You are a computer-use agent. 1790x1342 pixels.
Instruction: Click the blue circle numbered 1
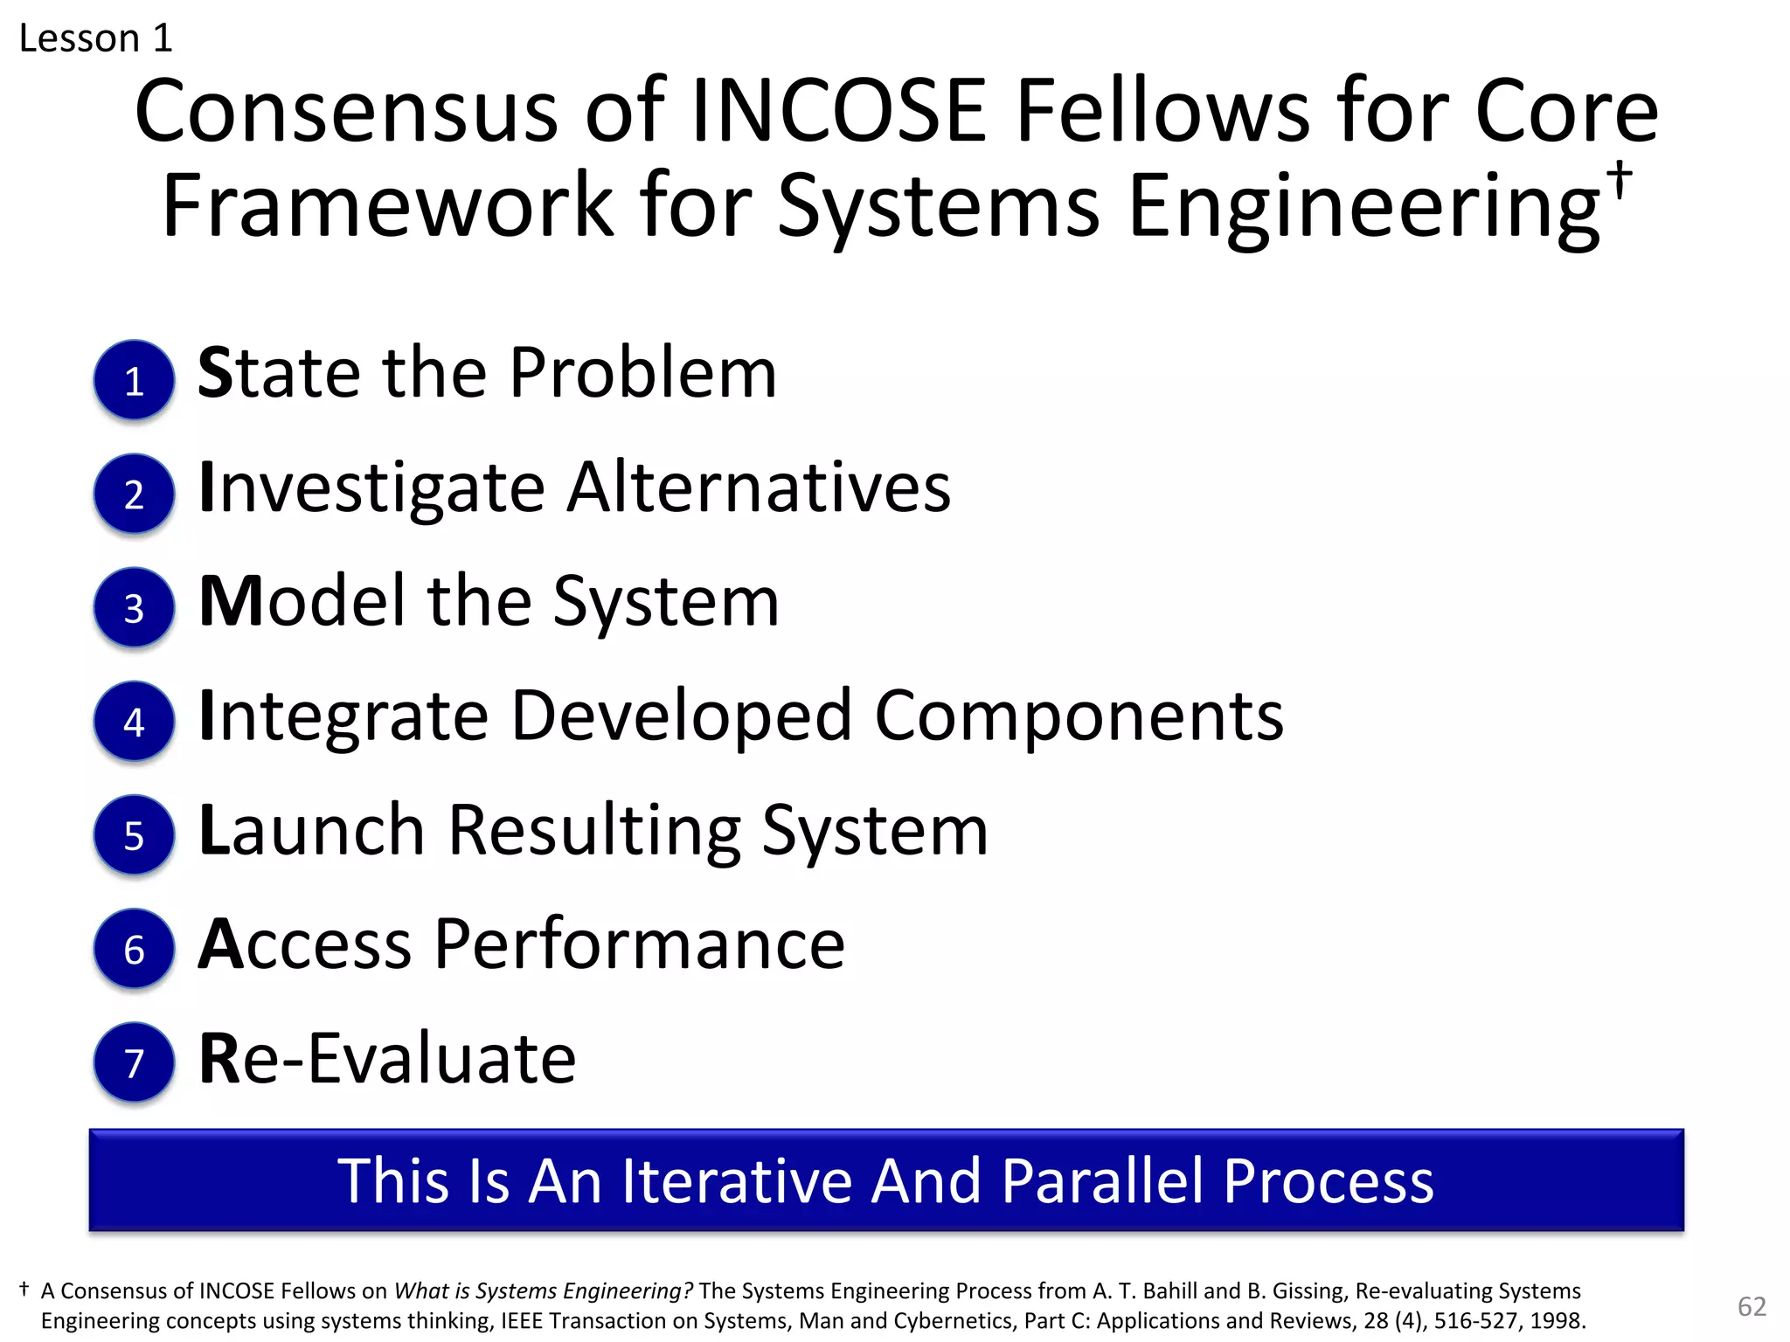pyautogui.click(x=134, y=380)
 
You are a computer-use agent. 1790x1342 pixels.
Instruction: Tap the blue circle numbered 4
pyautogui.click(x=134, y=722)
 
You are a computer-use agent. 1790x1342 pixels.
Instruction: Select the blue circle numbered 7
pyautogui.click(x=134, y=1062)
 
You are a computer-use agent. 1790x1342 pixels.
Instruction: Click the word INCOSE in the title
pyautogui.click(x=838, y=112)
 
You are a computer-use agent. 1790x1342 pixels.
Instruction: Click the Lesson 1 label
pyautogui.click(x=96, y=38)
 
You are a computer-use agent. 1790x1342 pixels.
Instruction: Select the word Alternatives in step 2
pyautogui.click(x=759, y=488)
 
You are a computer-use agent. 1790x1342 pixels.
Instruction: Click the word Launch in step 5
pyautogui.click(x=312, y=830)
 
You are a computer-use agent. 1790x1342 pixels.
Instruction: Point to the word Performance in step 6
pyautogui.click(x=639, y=944)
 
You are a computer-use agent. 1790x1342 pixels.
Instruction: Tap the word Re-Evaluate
pyautogui.click(x=387, y=1059)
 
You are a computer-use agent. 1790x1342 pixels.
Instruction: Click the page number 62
pyautogui.click(x=1752, y=1306)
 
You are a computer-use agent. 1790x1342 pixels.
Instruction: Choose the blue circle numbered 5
pyautogui.click(x=134, y=835)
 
